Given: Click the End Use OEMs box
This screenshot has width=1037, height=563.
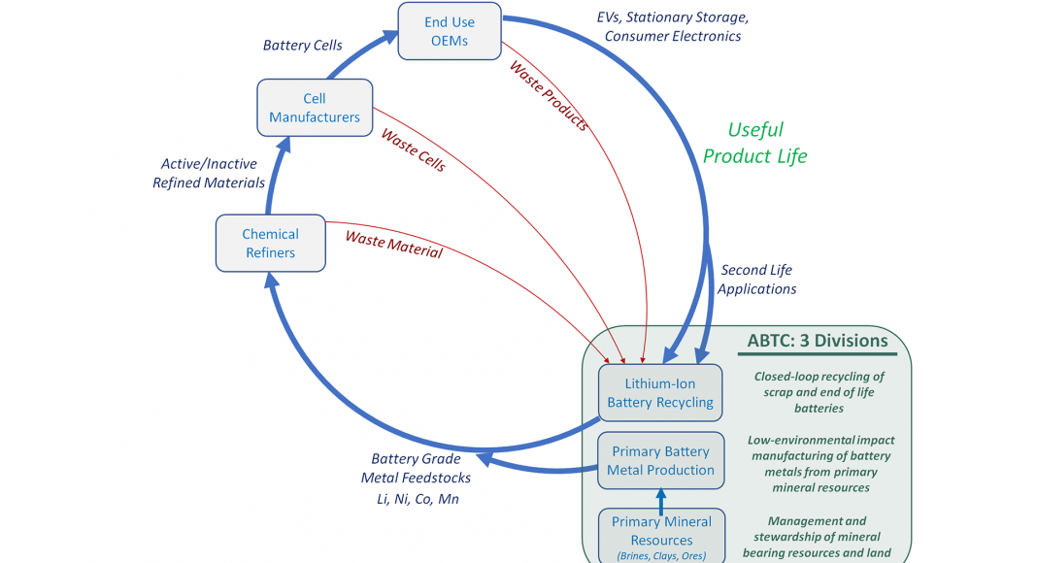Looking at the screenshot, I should coord(450,31).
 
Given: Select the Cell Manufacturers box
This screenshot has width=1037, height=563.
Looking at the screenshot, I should coord(315,108).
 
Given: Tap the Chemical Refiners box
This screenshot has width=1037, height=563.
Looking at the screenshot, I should coord(270,244).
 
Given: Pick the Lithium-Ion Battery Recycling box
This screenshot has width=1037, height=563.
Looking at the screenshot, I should coord(660,393).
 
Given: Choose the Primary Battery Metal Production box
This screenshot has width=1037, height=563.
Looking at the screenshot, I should coord(660,461).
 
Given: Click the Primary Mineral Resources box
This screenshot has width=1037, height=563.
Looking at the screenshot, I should coord(661,531).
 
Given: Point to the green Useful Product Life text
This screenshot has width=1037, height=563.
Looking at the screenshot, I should coord(755,143).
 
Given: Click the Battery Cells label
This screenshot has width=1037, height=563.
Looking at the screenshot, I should coord(303,46).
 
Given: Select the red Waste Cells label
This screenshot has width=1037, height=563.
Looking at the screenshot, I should coord(414,150).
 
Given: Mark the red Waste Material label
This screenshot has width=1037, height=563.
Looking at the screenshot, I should coord(393,244).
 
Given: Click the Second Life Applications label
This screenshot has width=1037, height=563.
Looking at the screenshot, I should coord(756,280).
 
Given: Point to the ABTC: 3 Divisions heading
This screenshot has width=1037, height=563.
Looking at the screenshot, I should coord(818,341).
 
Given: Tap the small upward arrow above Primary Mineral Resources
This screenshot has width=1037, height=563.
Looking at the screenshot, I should coord(661,501).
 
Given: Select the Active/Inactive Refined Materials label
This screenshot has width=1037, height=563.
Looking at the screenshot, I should coord(209,174).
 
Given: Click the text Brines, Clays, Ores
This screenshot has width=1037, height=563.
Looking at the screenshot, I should coord(661,556).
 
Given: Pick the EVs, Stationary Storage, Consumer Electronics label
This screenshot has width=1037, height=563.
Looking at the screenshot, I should coord(673,27).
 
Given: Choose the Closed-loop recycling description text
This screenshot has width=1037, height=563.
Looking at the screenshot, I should coord(819,392).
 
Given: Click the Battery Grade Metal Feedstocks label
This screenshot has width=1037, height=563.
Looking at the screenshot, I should coord(416,468).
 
